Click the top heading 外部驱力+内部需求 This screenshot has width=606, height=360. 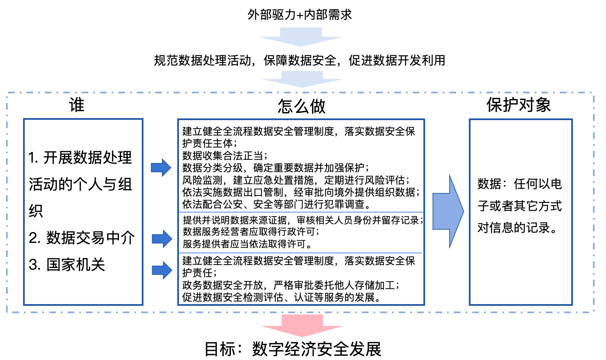[300, 15]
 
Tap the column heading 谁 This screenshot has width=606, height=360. [77, 105]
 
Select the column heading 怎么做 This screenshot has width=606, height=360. [301, 106]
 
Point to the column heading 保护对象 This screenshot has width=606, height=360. [519, 105]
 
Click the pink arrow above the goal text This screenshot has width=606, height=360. [302, 326]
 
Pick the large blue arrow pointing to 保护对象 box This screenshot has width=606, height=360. [448, 211]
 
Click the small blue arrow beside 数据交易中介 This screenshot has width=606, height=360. [162, 239]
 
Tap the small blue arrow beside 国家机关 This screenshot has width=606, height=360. [162, 270]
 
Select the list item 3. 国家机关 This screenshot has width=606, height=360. [67, 265]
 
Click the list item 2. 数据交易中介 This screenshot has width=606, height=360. [82, 238]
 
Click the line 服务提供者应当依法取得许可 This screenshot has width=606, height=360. [247, 244]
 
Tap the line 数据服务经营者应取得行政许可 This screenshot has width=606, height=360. [251, 232]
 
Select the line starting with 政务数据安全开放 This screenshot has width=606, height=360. [291, 285]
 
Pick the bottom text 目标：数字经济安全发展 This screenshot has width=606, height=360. [293, 349]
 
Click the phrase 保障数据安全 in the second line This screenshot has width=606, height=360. [300, 61]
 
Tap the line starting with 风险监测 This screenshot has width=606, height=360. [296, 180]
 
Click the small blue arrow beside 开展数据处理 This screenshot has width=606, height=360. [161, 168]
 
